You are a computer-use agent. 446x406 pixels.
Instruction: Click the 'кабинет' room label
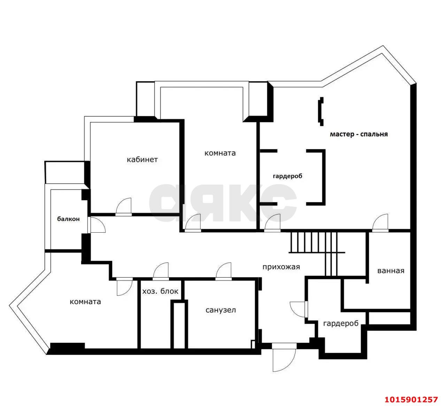(x=142, y=160)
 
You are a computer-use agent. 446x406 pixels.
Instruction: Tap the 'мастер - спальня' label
(x=359, y=134)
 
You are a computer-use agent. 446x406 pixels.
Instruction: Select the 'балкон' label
(x=69, y=219)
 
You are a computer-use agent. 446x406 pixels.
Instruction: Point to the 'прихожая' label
(x=281, y=267)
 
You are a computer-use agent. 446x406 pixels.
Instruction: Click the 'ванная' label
(x=391, y=271)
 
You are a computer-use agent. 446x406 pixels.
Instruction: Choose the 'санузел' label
(x=221, y=310)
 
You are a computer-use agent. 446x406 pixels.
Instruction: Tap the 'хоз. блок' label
(x=160, y=291)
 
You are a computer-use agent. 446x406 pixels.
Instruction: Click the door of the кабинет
(x=124, y=207)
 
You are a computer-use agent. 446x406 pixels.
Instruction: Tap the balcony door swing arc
(x=97, y=225)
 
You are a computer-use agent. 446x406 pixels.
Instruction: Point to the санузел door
(x=223, y=271)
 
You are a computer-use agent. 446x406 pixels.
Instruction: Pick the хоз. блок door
(x=161, y=271)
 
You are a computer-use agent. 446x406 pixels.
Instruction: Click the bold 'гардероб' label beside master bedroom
(x=287, y=176)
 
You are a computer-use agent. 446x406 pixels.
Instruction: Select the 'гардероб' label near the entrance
(x=341, y=323)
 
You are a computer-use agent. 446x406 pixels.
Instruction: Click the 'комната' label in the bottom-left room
(x=85, y=302)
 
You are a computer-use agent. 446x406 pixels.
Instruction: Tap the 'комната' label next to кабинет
(x=220, y=153)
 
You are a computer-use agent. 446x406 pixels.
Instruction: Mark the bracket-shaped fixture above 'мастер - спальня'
(x=321, y=112)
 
